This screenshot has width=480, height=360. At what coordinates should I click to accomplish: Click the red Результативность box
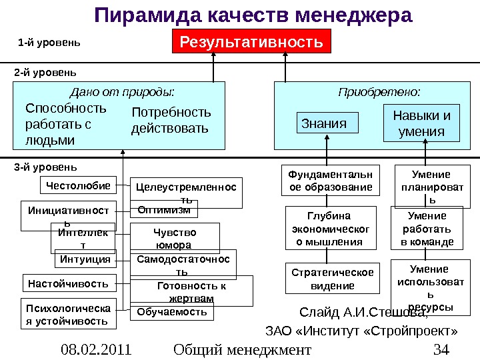click(251, 43)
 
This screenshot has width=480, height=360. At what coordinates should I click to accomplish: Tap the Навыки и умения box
click(421, 124)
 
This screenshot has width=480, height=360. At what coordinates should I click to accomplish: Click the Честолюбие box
click(77, 184)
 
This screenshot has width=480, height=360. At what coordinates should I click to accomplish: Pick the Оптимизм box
click(163, 210)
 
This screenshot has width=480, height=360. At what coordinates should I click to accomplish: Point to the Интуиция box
click(85, 258)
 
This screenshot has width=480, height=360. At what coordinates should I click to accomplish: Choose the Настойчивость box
click(68, 283)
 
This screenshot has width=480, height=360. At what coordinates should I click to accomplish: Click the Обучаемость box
click(171, 311)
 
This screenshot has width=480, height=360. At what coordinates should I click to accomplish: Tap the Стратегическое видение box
click(333, 279)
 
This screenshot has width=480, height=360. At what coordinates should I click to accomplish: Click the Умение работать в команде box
click(427, 229)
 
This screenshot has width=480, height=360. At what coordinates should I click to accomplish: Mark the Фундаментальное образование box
click(331, 181)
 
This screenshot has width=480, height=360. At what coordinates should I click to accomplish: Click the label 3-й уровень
click(45, 166)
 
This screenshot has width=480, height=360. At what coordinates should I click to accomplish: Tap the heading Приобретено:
click(379, 91)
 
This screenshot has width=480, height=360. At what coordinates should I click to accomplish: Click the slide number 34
click(441, 349)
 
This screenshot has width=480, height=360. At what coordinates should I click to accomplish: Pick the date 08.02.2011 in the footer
click(95, 349)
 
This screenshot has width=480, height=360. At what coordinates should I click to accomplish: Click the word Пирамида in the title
click(139, 15)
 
